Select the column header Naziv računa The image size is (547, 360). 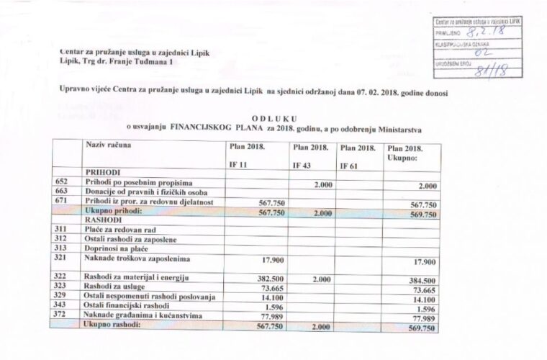point(109,146)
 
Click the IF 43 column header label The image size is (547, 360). point(302,165)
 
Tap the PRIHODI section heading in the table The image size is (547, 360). point(102,174)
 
